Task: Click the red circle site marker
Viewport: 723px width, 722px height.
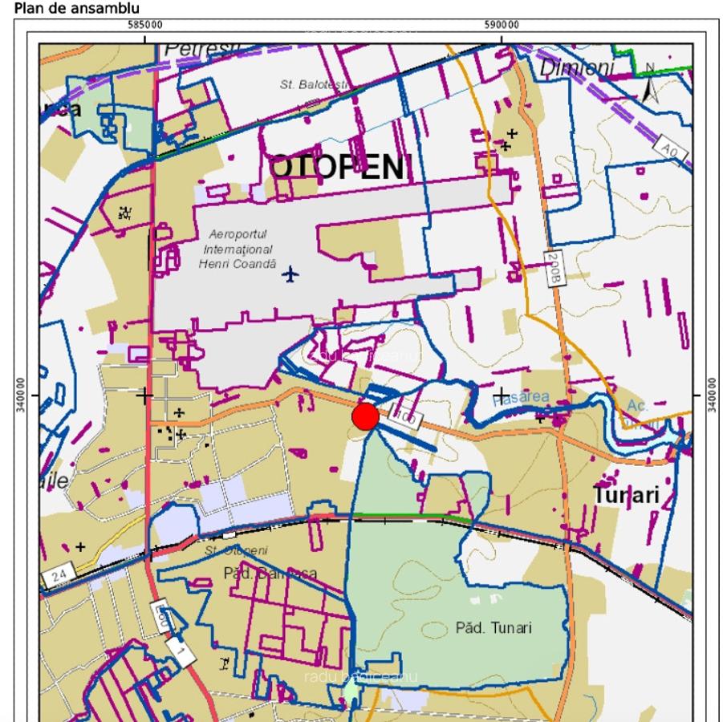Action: pos(365,416)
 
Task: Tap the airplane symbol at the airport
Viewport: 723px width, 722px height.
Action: pos(290,275)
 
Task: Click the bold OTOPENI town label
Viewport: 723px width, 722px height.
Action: pos(337,168)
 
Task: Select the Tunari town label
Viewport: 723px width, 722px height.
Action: pos(627,495)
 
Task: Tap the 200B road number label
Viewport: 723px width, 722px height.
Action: pos(553,267)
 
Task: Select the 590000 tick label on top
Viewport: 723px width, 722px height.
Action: pos(502,25)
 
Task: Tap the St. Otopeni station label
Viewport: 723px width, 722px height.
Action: pos(237,550)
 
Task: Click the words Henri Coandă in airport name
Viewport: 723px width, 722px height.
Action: pos(237,264)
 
